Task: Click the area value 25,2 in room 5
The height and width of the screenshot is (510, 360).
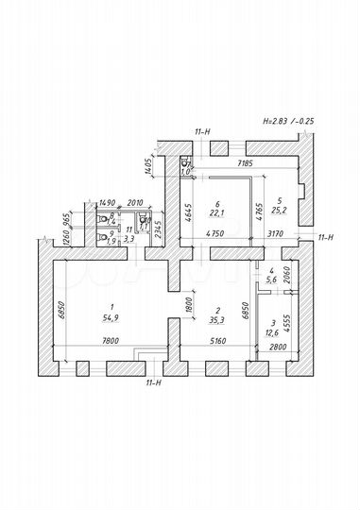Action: click(x=281, y=211)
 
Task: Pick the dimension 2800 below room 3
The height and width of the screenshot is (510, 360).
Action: click(x=276, y=348)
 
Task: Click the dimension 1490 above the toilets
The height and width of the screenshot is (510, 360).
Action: click(x=107, y=202)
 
